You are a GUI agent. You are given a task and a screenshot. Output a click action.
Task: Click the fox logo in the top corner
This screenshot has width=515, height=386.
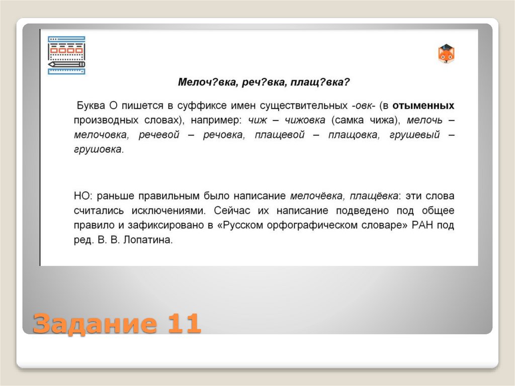tap(446, 53)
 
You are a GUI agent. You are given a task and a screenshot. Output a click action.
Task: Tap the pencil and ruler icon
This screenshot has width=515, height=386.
tap(66, 55)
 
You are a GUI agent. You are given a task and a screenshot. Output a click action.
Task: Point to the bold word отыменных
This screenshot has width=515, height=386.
tap(423, 105)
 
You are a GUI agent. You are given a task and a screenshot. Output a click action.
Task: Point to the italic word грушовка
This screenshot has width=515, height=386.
tap(98, 149)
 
